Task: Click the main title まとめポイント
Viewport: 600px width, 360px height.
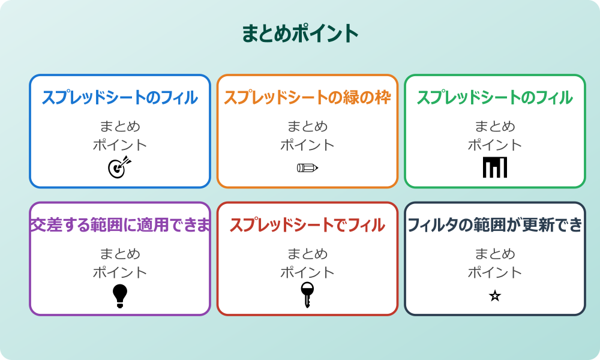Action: click(300, 34)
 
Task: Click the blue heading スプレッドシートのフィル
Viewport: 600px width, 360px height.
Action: click(120, 98)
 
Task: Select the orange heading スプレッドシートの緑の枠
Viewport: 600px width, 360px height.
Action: click(307, 98)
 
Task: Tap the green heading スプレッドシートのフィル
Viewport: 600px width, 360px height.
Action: click(494, 98)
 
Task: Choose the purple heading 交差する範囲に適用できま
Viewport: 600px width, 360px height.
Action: click(120, 225)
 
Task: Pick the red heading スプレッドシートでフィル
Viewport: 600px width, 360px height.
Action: click(307, 225)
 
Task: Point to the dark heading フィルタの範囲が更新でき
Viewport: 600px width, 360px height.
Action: click(494, 225)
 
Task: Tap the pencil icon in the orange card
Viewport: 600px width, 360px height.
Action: click(307, 167)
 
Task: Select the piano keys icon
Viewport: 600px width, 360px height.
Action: click(494, 167)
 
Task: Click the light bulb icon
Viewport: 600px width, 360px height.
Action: click(120, 296)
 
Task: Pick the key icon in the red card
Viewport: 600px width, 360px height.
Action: click(307, 295)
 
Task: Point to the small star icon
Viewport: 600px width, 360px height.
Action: click(494, 296)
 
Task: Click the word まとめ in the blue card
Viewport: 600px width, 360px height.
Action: click(120, 127)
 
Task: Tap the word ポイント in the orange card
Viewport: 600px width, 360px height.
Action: click(307, 145)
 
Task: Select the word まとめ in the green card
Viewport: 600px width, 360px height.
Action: click(494, 127)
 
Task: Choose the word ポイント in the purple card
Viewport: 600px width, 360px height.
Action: click(120, 272)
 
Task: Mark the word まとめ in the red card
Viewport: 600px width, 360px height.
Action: click(307, 254)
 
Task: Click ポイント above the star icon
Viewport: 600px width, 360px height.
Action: click(494, 272)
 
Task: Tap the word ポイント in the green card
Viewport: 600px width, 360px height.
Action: click(494, 145)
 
